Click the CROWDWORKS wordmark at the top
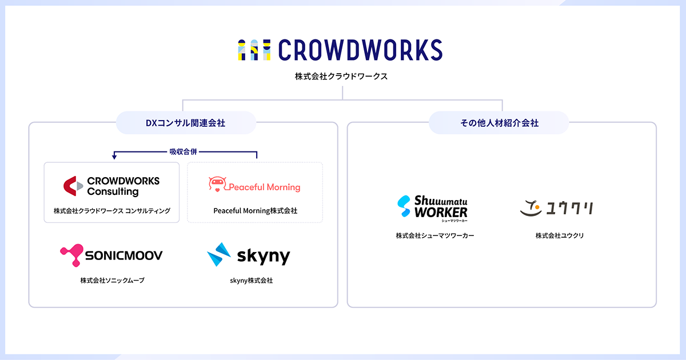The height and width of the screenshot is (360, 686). [x=360, y=50]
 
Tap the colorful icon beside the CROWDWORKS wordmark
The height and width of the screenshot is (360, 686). [x=254, y=50]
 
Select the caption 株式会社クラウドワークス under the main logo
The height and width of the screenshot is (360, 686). [x=341, y=76]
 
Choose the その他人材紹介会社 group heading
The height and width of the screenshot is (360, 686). [x=499, y=123]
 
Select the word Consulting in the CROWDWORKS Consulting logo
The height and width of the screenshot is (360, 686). [x=113, y=192]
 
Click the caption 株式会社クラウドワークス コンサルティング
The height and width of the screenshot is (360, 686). [x=112, y=211]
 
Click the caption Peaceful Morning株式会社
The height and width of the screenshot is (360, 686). [x=256, y=211]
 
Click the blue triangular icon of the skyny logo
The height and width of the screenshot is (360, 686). [x=218, y=255]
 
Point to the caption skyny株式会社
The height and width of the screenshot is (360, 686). [x=252, y=281]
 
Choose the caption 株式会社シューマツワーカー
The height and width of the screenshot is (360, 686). [x=435, y=235]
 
